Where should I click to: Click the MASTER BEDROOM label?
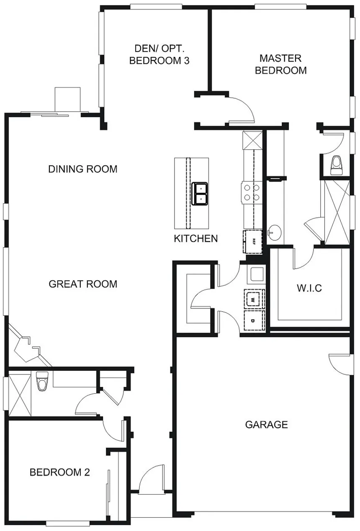(x=280, y=64)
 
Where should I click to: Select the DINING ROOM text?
(x=82, y=169)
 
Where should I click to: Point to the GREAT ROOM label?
(x=83, y=284)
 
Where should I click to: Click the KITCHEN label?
(x=195, y=239)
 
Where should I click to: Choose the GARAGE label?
(x=266, y=425)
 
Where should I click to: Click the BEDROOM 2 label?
(x=60, y=472)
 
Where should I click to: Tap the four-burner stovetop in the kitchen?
(x=251, y=192)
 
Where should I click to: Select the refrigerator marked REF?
(x=254, y=241)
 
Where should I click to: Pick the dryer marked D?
(x=254, y=321)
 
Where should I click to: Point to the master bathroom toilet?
(x=336, y=165)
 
